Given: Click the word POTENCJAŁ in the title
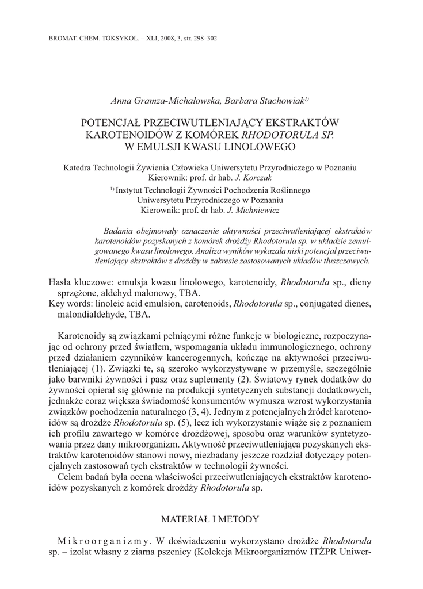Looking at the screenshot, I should [x=116, y=123].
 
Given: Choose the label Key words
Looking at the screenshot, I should [x=73, y=305].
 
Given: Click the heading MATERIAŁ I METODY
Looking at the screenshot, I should [x=211, y=519].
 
